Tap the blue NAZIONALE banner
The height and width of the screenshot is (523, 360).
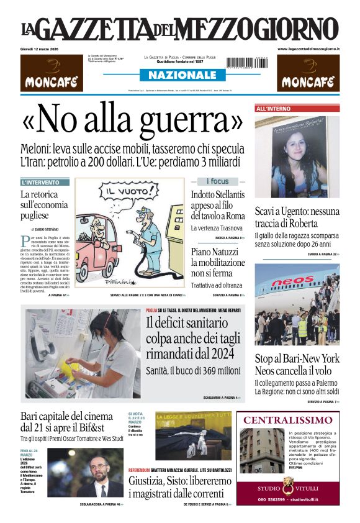(x=178, y=75)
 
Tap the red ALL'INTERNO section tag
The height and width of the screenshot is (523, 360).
(x=274, y=109)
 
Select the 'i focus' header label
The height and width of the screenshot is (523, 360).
(x=217, y=181)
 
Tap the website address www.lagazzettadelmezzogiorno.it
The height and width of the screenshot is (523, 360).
(x=308, y=48)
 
